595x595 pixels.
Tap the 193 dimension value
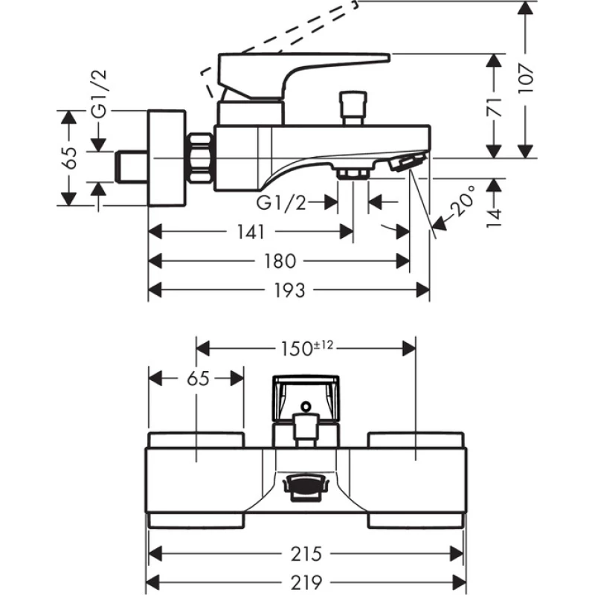(x=289, y=290)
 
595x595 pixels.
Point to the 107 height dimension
(x=525, y=76)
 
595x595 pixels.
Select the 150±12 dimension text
(x=306, y=346)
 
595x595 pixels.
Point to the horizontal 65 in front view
(x=196, y=378)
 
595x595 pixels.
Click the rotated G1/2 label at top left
(x=97, y=97)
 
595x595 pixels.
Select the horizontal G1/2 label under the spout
(x=280, y=202)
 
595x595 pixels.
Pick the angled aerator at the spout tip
(x=408, y=162)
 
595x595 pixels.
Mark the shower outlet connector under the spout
(x=353, y=173)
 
